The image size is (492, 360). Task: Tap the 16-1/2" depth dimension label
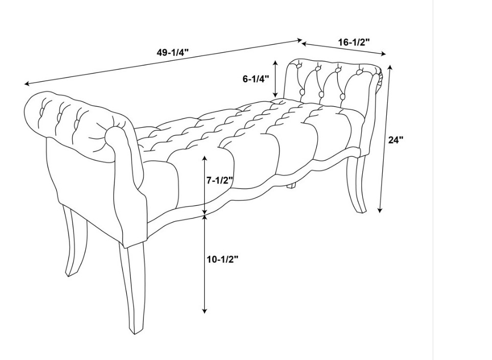[x=354, y=42]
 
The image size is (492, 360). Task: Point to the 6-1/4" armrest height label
[x=256, y=79]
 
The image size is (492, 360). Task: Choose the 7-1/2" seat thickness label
[x=219, y=180]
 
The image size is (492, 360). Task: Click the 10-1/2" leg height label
[x=222, y=259]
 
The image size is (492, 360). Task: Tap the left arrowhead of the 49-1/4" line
[x=27, y=84]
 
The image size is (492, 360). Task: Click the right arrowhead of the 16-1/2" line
[x=383, y=54]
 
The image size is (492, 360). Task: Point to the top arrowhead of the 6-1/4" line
[x=275, y=63]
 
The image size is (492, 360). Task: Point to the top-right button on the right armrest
[x=359, y=73]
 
